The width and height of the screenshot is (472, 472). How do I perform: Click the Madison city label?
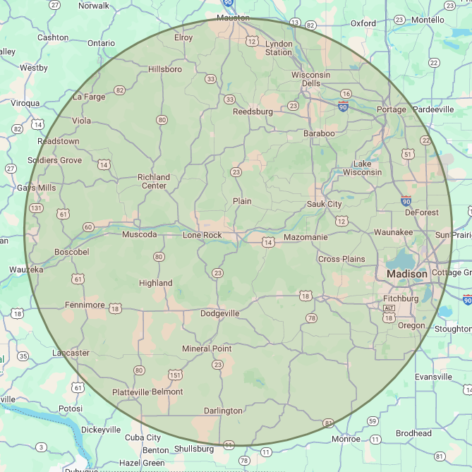point(407,274)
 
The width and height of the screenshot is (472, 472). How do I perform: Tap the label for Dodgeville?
point(220,313)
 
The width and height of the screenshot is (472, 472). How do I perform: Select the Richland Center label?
point(154,181)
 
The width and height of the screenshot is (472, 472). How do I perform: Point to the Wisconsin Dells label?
point(310,79)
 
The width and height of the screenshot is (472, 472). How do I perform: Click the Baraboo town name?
point(319,133)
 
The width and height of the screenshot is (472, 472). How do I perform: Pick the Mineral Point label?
point(207,349)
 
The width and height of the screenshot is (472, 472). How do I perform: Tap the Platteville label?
point(131,392)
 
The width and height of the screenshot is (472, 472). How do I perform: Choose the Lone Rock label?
point(202,235)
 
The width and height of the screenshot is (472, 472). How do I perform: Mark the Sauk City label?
point(324,204)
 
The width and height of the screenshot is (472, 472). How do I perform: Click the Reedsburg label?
point(253,111)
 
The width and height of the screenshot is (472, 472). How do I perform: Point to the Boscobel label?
point(72,252)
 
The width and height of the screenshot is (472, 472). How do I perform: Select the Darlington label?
point(223,411)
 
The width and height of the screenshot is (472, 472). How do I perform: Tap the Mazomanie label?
point(305,238)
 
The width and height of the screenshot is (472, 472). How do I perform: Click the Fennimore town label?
point(85,305)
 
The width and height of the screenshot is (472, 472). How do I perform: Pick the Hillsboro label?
point(165,69)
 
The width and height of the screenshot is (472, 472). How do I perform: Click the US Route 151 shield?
point(175,374)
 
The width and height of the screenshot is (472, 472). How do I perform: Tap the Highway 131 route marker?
point(36,209)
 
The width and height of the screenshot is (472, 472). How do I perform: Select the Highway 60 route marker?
point(88,226)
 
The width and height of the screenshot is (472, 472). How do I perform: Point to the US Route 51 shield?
point(407,154)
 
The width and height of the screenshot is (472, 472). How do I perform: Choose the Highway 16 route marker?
point(346,94)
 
